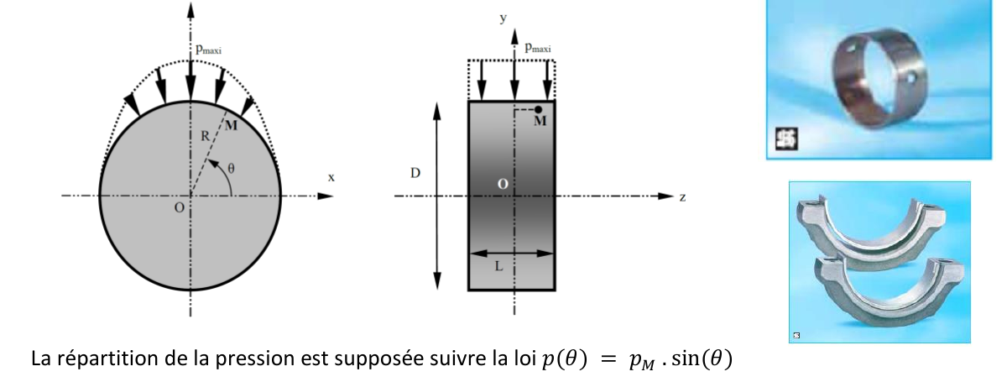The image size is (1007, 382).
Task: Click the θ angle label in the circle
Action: point(231,168)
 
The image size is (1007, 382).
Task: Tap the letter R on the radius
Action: point(205,135)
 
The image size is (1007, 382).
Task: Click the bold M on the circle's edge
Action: point(231,125)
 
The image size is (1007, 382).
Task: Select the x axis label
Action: point(331,177)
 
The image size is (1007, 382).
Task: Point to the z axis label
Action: point(682,197)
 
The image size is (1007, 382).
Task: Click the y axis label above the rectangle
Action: point(503,18)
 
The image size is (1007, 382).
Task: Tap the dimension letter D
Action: point(415,173)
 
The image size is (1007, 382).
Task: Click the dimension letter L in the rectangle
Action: point(498,266)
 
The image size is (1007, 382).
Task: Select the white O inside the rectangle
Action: point(503,184)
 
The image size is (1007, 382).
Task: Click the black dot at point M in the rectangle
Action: point(538,109)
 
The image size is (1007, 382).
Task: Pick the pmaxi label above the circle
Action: point(209,49)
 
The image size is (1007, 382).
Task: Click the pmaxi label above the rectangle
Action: point(538,47)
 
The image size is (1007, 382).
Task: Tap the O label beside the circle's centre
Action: point(179,207)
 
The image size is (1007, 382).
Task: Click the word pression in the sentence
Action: point(254,359)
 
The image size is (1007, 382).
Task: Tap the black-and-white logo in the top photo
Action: point(786,139)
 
